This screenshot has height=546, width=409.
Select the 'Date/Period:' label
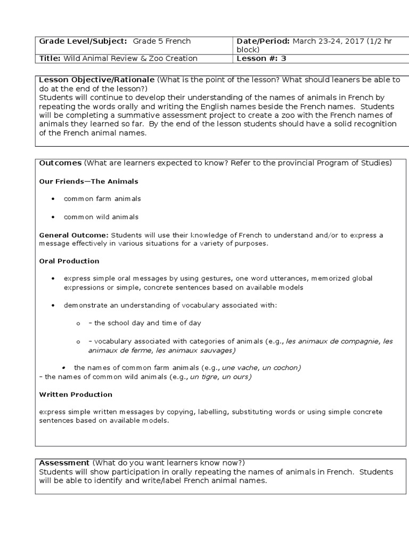[x=261, y=42]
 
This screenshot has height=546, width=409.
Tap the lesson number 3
[x=283, y=59]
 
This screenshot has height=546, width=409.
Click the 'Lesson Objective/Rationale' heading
[x=97, y=80]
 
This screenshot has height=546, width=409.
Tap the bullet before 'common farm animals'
[x=53, y=199]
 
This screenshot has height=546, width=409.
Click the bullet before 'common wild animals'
[x=53, y=217]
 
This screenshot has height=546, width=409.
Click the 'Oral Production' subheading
[x=69, y=261]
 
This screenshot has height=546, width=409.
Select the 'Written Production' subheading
[x=76, y=395]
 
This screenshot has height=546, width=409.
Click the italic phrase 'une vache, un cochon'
[x=261, y=368]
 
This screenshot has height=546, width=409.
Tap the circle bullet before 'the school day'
[x=78, y=324]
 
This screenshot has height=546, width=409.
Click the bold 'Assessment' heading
[x=64, y=463]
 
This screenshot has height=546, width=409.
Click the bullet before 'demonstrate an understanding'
[x=53, y=306]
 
